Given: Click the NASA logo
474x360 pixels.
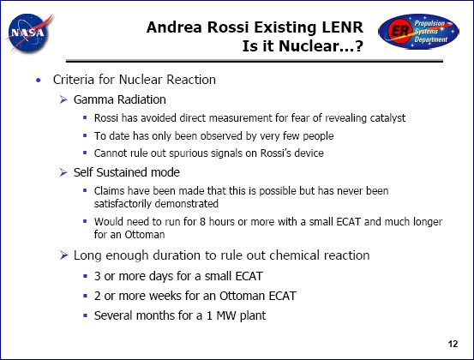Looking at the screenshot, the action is (x=29, y=33).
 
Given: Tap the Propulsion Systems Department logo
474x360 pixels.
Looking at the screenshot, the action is (x=418, y=32).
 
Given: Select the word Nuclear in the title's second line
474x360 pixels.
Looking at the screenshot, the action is (x=306, y=46).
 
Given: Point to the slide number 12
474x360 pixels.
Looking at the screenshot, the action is (x=453, y=344).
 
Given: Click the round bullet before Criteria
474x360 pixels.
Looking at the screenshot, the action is (x=38, y=80).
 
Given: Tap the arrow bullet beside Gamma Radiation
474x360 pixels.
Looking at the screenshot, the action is (x=63, y=99).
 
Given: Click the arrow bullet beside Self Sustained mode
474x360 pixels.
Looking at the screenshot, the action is (x=63, y=172).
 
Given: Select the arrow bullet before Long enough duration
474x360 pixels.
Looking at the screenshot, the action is (x=63, y=255).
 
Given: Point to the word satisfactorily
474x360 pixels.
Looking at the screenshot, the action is (x=123, y=204).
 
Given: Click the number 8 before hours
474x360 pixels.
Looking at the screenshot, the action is (x=202, y=221).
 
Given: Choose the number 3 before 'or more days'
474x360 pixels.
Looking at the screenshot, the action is (x=98, y=276).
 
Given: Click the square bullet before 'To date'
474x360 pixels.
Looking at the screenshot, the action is (x=85, y=135).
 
